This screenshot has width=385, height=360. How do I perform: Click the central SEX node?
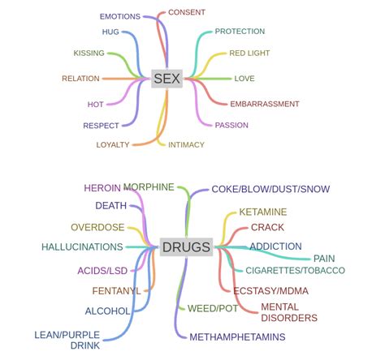click(167, 79)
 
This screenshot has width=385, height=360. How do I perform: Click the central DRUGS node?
click(186, 247)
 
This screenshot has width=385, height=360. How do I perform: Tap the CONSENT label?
click(186, 12)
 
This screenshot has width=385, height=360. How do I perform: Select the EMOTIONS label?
click(119, 16)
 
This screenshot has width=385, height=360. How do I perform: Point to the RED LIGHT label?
click(249, 54)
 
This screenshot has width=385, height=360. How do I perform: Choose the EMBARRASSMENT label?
click(265, 104)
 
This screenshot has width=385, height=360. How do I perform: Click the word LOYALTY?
click(113, 144)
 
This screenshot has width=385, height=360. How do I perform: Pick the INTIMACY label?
click(186, 144)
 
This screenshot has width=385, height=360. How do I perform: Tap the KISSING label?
click(89, 54)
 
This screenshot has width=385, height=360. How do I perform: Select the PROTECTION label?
click(240, 32)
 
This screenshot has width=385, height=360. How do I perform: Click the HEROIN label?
click(102, 188)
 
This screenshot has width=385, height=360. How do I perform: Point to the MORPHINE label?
click(149, 187)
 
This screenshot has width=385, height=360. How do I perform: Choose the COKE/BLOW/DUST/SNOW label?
click(270, 189)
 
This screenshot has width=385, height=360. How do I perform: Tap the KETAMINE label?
click(262, 212)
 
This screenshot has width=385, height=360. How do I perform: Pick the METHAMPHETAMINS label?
click(237, 336)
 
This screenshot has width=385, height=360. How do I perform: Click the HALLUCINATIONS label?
click(82, 246)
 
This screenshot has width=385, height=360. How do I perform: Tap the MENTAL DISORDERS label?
click(288, 312)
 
